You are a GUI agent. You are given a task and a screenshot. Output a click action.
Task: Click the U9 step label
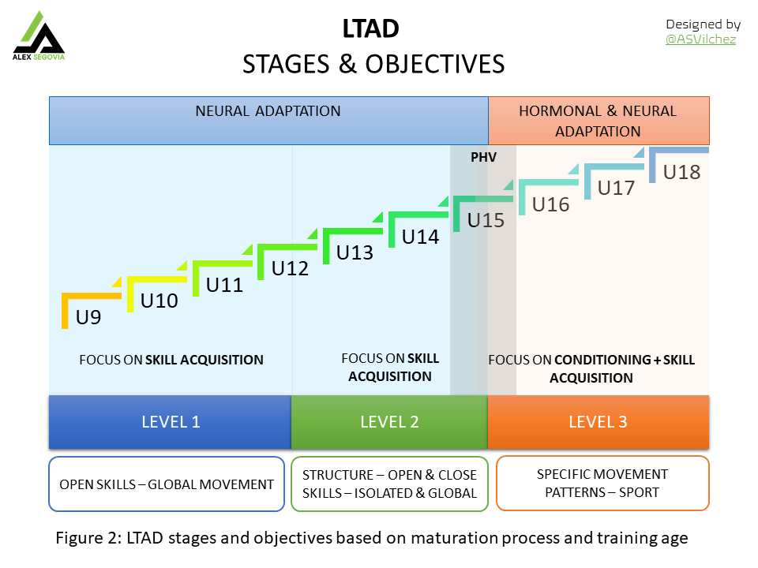coord(88,319)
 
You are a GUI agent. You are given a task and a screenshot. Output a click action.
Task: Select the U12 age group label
coord(290,268)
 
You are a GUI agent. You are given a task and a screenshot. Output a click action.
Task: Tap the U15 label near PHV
coord(486,220)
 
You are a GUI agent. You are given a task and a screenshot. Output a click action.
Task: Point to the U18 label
coord(681,172)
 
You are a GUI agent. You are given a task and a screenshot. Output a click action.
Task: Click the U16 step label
coord(550,204)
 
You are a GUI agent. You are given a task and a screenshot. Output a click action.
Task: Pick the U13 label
coord(355,252)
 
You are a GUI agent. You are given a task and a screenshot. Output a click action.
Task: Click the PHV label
coord(483,157)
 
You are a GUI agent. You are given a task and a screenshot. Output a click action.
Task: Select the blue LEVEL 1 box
coord(171,422)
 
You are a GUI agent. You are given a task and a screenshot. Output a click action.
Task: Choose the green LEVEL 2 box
coord(389,422)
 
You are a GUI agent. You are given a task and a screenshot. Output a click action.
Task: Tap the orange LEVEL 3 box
coord(598,422)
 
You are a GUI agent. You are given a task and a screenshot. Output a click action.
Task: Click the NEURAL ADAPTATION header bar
coord(268,120)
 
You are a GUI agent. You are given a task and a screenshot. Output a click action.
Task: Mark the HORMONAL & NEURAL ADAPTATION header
coord(598,120)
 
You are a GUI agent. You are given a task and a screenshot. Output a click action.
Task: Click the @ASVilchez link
coord(700,39)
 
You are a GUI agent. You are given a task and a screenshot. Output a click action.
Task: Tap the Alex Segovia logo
coord(38,35)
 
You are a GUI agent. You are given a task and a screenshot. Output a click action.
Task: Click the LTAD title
coord(370,29)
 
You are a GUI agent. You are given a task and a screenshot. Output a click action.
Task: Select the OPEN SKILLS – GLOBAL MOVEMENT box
coord(167,484)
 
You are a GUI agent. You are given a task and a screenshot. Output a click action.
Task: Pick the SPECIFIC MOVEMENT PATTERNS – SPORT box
coord(602,484)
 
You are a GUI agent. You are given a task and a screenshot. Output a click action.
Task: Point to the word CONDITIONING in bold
coord(602,360)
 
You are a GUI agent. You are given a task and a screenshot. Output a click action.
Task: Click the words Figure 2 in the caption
coord(84,539)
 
